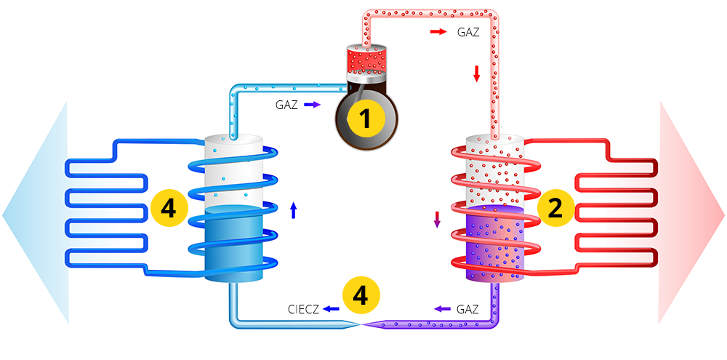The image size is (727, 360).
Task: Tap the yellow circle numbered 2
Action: click(555, 209)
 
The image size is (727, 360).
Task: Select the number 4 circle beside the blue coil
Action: click(168, 209)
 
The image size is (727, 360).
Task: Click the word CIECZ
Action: click(303, 309)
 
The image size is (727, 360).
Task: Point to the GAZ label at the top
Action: click(468, 32)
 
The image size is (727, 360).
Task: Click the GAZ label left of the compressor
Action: click(286, 105)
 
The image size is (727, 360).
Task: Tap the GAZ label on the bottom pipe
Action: click(467, 309)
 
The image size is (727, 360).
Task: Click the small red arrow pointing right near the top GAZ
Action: click(438, 32)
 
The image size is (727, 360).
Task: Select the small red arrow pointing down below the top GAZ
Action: click(477, 73)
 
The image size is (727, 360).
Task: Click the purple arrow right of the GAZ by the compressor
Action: click(312, 105)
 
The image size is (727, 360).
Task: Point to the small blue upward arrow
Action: click(293, 210)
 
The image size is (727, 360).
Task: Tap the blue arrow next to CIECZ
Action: click(332, 309)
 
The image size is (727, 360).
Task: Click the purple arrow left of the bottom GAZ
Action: click(442, 309)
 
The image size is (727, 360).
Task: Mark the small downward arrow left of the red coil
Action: click(437, 219)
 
